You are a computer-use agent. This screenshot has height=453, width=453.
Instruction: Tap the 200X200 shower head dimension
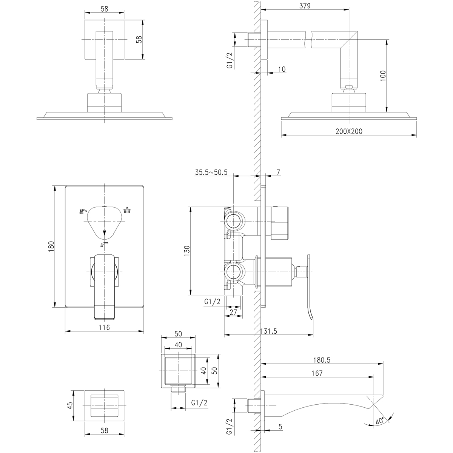click(x=348, y=131)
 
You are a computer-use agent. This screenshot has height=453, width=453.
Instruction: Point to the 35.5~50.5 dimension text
click(x=211, y=173)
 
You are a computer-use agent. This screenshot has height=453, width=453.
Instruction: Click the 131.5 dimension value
click(x=269, y=331)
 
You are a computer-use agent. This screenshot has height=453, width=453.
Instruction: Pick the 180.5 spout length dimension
click(x=321, y=361)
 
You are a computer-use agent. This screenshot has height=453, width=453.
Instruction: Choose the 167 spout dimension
click(x=317, y=373)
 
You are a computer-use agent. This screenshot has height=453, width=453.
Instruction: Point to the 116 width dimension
click(x=104, y=328)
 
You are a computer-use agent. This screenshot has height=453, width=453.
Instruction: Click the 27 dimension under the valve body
click(x=233, y=312)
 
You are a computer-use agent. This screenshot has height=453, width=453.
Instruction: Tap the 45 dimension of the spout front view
click(x=69, y=405)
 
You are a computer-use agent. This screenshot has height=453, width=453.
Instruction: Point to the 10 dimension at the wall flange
click(x=282, y=69)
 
